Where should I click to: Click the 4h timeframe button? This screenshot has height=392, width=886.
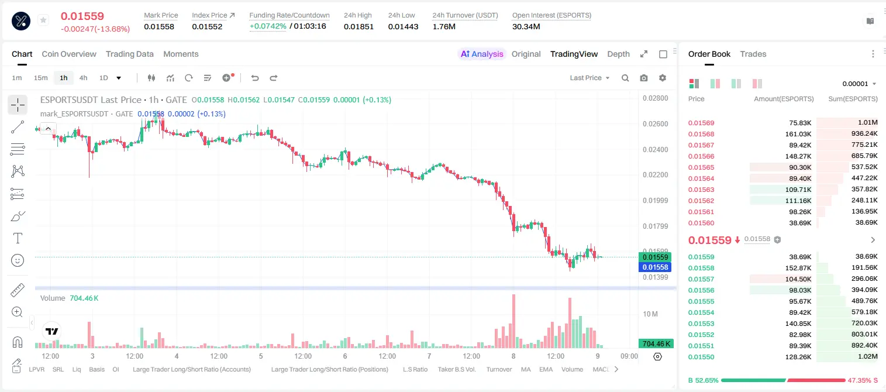(83, 78)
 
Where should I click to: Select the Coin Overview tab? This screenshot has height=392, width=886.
(69, 54)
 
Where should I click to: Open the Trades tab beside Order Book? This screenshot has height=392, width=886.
(753, 54)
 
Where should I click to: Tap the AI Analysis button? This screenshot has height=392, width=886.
(482, 54)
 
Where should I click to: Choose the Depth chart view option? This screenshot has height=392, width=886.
(618, 54)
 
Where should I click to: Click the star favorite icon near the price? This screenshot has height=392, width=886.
(43, 20)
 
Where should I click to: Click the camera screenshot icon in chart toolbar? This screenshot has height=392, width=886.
(644, 78)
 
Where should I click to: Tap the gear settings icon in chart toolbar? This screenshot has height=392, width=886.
(663, 78)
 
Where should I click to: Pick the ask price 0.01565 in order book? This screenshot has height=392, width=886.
(701, 167)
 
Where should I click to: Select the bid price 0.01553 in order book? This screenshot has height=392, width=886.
(701, 324)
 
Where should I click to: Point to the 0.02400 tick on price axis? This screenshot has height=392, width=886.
(656, 150)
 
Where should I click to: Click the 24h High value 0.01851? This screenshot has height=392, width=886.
(358, 26)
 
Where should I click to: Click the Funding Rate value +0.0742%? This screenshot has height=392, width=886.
(268, 26)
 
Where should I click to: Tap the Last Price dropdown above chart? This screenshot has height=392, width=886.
(589, 78)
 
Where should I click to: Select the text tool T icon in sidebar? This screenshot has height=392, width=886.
(18, 238)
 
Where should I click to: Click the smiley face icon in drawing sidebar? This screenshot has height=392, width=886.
(18, 260)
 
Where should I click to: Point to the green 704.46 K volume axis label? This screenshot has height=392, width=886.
(655, 344)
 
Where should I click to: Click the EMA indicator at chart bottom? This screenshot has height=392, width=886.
(546, 369)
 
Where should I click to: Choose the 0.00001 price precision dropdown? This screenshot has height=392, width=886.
(859, 84)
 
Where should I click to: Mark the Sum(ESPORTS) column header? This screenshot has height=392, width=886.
(853, 99)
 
